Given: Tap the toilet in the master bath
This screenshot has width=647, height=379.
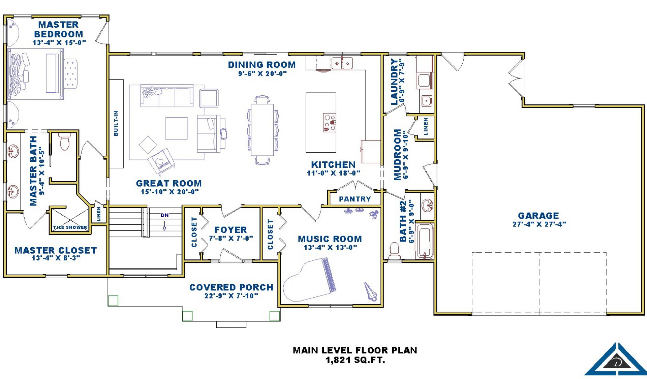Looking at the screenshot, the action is click(64, 141).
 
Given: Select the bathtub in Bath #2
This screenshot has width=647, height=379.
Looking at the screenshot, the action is click(425, 241).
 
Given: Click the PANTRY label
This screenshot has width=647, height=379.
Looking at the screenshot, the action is click(355, 199).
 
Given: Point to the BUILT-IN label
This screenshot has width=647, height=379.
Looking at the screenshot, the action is click(116, 123).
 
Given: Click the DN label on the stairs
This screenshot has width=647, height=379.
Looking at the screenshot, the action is click(165, 215).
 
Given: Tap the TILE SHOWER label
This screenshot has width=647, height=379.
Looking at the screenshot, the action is click(70, 227).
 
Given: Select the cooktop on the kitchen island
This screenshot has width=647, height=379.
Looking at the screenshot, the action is click(330, 122).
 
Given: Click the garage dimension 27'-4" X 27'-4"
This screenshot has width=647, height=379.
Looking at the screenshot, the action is click(539, 224).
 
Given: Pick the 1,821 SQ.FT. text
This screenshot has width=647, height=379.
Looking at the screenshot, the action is click(355, 360).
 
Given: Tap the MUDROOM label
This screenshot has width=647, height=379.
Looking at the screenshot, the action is click(398, 155).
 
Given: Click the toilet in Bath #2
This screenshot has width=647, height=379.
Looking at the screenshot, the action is click(394, 251).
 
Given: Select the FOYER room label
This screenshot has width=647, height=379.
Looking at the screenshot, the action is click(231, 230).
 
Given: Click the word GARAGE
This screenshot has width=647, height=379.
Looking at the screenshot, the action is click(538, 216).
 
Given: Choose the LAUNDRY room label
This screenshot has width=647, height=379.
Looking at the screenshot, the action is click(394, 82).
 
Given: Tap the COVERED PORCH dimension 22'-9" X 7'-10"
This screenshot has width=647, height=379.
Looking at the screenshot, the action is click(231, 296).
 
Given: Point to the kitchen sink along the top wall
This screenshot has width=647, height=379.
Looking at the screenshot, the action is click(342, 63).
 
